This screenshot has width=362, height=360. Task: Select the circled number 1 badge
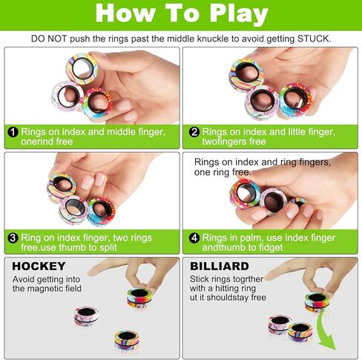13,132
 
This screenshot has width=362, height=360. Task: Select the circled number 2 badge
194,132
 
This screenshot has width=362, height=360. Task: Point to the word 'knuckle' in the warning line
215,38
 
